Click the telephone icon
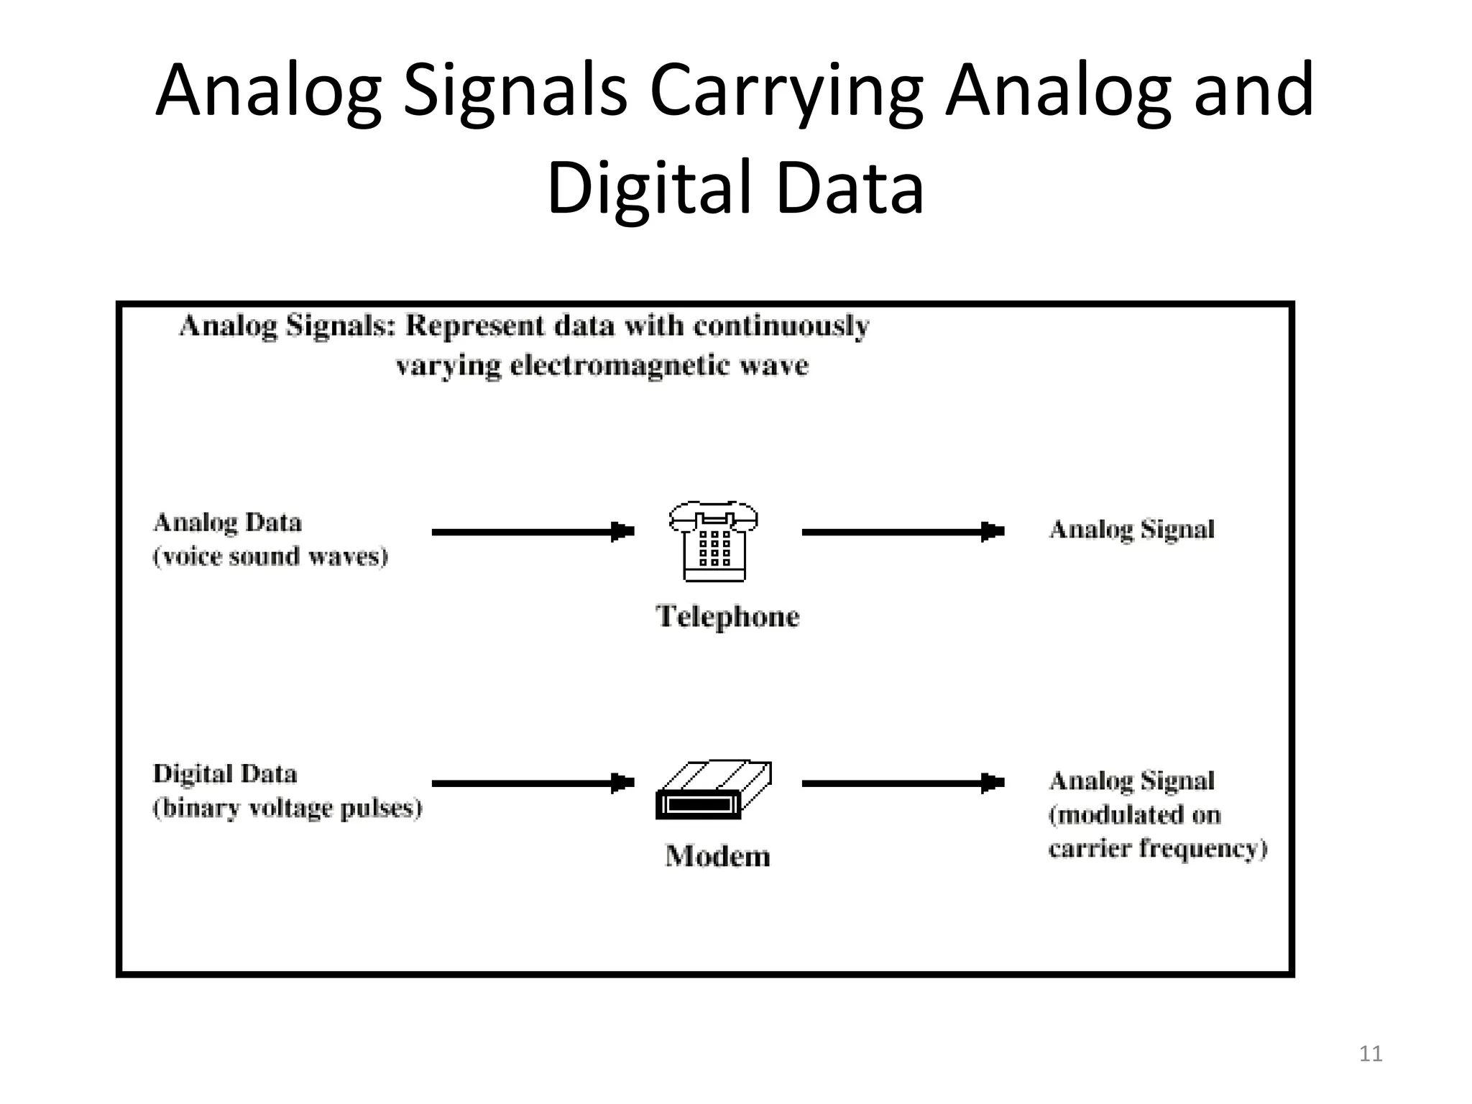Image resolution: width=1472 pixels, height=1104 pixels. point(714,540)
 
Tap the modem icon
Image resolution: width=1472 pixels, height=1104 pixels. point(713,790)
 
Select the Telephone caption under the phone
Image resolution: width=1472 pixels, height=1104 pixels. point(727,617)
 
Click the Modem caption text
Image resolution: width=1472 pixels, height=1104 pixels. point(717,856)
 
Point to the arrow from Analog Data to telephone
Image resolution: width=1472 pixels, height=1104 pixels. point(533,532)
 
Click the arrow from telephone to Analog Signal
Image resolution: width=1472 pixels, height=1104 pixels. point(903,532)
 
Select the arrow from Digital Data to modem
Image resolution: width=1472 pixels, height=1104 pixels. point(533,783)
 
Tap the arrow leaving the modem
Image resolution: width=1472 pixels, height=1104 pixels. point(903,783)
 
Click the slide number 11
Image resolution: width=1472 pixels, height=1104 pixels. point(1371,1054)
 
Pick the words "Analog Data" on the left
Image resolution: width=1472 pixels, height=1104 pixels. point(228,523)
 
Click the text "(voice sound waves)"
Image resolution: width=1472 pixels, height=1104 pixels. point(270,557)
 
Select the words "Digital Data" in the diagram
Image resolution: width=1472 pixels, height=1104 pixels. point(225,774)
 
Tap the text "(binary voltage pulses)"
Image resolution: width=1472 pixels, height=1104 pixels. point(287,809)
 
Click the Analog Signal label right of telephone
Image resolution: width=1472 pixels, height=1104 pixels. point(1131,530)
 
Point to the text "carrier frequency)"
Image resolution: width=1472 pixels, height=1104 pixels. point(1158,849)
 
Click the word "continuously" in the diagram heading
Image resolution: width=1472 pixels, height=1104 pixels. point(781,327)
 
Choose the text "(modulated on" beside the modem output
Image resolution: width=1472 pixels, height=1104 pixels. point(1135,815)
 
